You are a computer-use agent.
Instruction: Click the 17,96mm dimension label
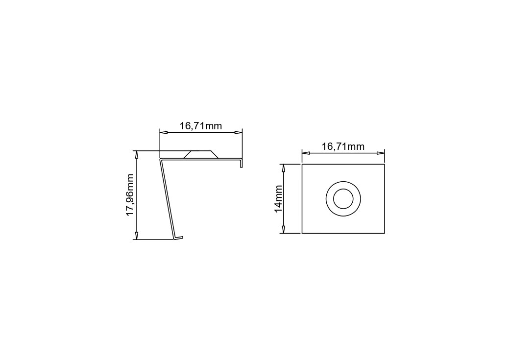(x=130, y=195)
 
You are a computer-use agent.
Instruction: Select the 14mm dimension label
(x=279, y=199)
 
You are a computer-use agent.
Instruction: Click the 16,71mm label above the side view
(x=201, y=126)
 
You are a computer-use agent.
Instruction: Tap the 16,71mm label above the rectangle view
(x=343, y=147)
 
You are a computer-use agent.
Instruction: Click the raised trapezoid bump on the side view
(x=201, y=154)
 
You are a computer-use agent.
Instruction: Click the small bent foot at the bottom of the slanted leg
(x=178, y=238)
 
